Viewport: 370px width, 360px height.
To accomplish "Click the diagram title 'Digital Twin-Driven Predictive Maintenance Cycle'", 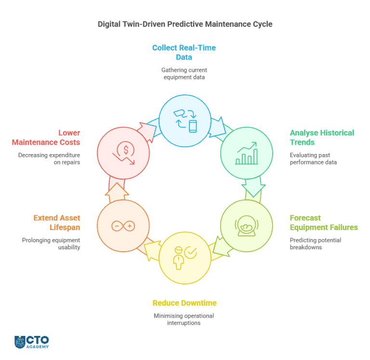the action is click(x=185, y=24).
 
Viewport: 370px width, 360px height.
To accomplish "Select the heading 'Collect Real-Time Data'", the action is click(x=184, y=52).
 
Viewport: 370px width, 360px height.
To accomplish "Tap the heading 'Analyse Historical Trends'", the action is click(x=322, y=138).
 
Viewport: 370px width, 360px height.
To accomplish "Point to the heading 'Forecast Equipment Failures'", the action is click(x=324, y=222).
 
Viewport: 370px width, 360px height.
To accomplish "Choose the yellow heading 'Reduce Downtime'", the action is click(x=185, y=303).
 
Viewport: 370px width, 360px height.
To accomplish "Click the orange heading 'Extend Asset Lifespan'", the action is click(x=57, y=222).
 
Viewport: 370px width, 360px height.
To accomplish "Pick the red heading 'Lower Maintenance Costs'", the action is click(x=46, y=138).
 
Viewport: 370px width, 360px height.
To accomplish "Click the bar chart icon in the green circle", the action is click(x=247, y=153).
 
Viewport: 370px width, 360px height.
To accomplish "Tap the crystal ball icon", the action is click(x=247, y=226).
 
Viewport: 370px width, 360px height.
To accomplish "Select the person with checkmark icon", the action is click(x=185, y=258).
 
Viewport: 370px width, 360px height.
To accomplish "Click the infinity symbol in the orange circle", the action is click(x=123, y=226).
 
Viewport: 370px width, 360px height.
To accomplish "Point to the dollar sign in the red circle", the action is click(x=126, y=150).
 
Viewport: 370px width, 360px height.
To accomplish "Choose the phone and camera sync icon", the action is click(x=185, y=121).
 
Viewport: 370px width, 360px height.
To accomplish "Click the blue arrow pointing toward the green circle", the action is click(x=218, y=127).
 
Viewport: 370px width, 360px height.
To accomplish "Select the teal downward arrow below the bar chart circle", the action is click(x=253, y=187).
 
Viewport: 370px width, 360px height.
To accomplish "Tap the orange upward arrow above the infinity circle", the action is click(x=117, y=193).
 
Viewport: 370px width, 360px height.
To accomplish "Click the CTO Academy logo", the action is click(x=32, y=342).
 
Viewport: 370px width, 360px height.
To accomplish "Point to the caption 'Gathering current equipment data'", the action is click(x=184, y=74).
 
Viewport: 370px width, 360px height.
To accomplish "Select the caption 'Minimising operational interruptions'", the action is click(x=184, y=319).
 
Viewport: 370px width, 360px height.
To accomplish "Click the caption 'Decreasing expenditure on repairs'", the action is click(x=49, y=159).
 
